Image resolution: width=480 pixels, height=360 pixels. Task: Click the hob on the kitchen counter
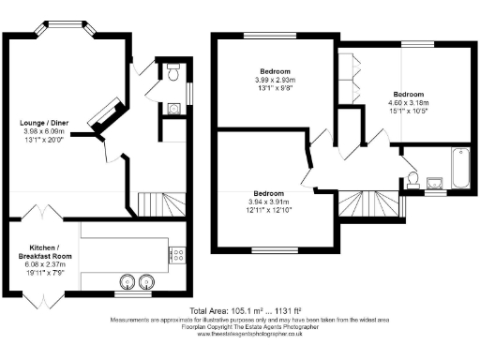177,253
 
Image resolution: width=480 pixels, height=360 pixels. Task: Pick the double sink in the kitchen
136,280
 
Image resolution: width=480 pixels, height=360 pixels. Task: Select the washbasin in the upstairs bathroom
434,183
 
